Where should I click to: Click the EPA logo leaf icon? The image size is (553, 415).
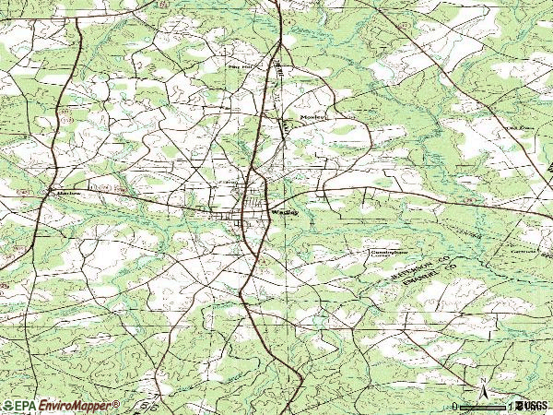click(x=6, y=406)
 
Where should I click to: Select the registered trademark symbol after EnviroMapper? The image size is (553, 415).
click(x=117, y=402)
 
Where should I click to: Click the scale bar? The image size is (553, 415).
click(x=482, y=406)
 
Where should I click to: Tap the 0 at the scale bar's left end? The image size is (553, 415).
click(x=454, y=406)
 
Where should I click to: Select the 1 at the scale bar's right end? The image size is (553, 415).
click(x=510, y=406)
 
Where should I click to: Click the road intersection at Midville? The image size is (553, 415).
click(x=50, y=190)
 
